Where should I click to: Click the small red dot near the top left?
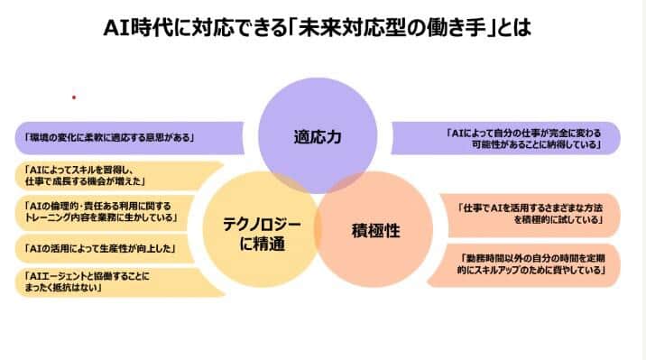click(73, 96)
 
